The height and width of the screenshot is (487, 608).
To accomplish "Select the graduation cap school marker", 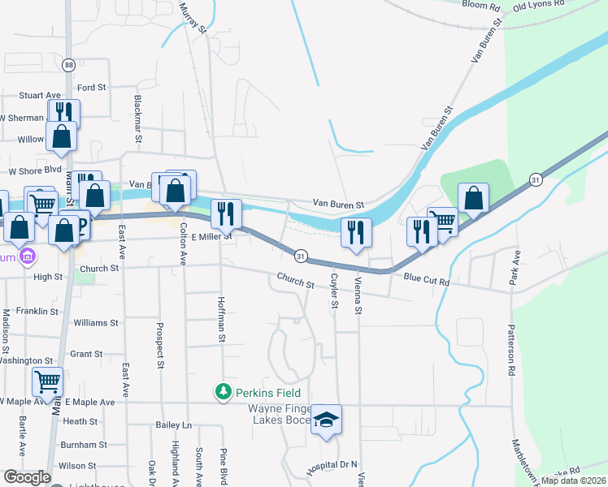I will click(327, 420).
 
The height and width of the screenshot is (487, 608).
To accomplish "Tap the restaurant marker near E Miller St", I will click(227, 213).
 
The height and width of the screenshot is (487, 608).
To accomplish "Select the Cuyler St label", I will click(334, 291).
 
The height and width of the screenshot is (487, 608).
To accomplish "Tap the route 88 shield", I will click(69, 65).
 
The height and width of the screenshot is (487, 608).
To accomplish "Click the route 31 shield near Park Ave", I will click(535, 179).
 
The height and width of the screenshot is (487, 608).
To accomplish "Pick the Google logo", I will click(27, 476).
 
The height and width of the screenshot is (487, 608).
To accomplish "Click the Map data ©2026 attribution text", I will click(572, 481).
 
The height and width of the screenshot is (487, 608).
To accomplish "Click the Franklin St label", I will click(37, 311).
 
